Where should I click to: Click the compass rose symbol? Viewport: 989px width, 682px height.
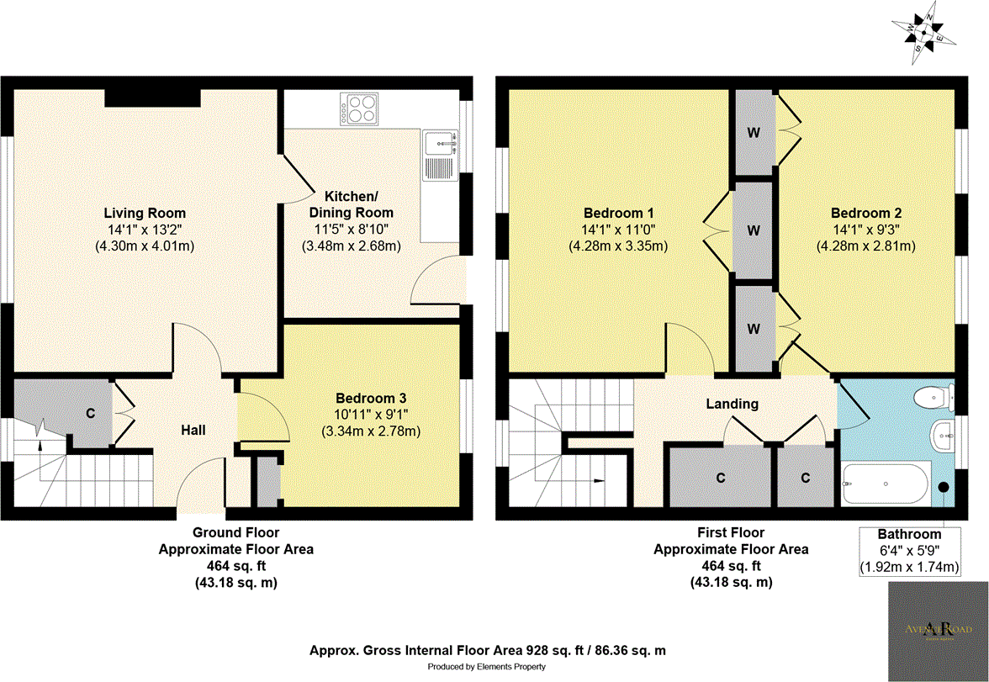pyautogui.click(x=923, y=31)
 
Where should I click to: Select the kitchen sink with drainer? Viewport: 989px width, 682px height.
pyautogui.click(x=439, y=156)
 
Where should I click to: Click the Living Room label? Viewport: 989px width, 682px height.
pyautogui.click(x=145, y=213)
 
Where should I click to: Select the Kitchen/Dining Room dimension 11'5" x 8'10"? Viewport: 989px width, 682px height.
pyautogui.click(x=351, y=229)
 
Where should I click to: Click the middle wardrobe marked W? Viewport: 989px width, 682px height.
pyautogui.click(x=754, y=230)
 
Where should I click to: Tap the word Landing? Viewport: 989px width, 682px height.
pyautogui.click(x=732, y=404)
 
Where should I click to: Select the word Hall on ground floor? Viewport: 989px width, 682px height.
pyautogui.click(x=193, y=430)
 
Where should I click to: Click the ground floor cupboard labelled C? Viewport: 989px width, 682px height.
pyautogui.click(x=89, y=413)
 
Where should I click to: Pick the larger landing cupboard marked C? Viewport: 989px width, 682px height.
pyautogui.click(x=720, y=478)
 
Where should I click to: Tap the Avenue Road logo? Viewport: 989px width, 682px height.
pyautogui.click(x=934, y=629)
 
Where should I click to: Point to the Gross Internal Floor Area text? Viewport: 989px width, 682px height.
pyautogui.click(x=488, y=651)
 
